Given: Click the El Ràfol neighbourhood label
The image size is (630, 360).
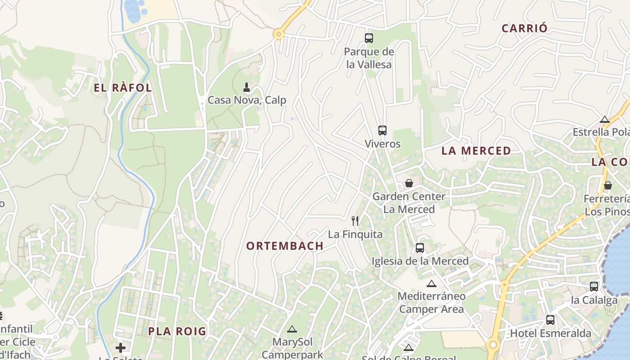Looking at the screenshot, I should [x=123, y=88].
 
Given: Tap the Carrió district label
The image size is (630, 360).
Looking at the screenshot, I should [x=525, y=28].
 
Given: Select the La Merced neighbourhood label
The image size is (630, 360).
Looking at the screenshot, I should [x=476, y=151].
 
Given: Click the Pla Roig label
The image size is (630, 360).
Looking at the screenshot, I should [x=177, y=332].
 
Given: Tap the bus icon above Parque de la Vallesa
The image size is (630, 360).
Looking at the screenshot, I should [x=369, y=38].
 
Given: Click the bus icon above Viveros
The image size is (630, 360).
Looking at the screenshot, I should [x=382, y=130].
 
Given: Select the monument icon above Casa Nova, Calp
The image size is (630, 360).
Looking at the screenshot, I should [x=247, y=86].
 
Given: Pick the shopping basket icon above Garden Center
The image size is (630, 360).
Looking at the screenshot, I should [x=409, y=183].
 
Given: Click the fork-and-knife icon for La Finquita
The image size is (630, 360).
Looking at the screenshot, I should [x=355, y=220].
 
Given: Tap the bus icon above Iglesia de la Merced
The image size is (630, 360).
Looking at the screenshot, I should [x=420, y=247].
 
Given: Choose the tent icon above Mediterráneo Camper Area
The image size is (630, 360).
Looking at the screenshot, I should [x=432, y=283].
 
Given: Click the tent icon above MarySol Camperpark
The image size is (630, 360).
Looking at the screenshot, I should [x=292, y=329].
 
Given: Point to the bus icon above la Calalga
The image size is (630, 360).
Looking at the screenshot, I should [x=594, y=287].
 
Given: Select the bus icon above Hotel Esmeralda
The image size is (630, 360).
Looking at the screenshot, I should [x=550, y=320].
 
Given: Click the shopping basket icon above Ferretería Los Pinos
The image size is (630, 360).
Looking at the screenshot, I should [x=608, y=185].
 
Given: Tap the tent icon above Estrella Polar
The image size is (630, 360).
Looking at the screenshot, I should [x=605, y=119].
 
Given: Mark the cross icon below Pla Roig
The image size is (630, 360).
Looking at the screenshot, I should [x=121, y=347].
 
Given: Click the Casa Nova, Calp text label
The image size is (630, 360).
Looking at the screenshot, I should [x=247, y=100].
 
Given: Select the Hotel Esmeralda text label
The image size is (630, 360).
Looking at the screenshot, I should [x=550, y=333].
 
